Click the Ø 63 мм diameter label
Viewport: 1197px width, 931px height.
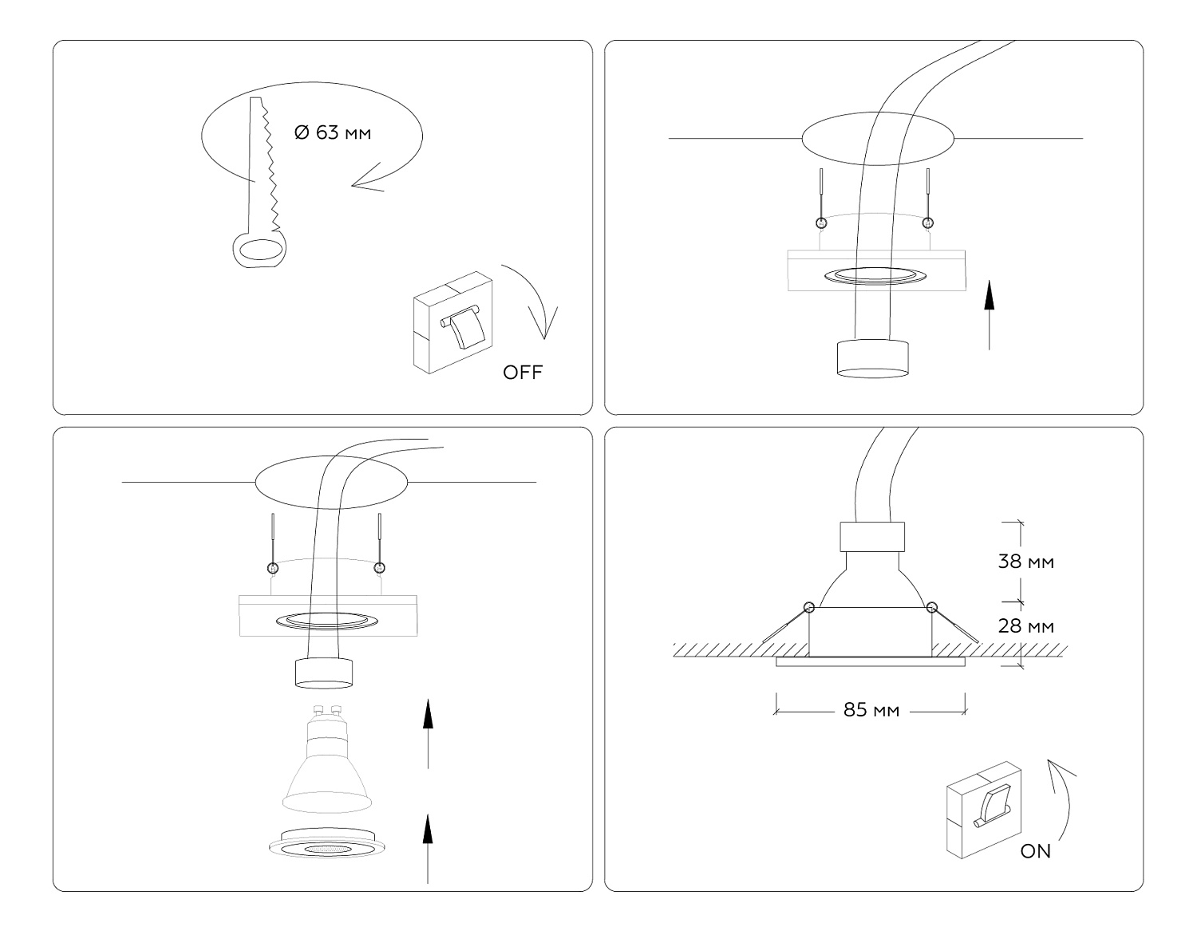(333, 133)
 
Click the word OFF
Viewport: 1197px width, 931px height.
(523, 372)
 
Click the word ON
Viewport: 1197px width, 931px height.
(1036, 851)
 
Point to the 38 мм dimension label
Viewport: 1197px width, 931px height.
(1025, 562)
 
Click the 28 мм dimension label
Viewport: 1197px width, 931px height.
(1025, 626)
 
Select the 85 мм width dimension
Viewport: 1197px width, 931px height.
(871, 709)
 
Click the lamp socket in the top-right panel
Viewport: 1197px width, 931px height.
(872, 357)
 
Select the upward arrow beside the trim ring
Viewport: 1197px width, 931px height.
(428, 847)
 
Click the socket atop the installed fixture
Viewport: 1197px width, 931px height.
(871, 537)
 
